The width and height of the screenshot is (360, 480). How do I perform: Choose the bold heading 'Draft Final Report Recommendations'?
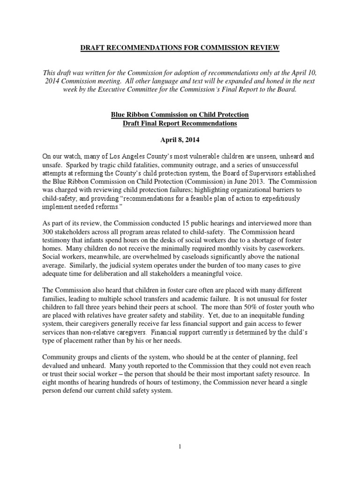pos(180,124)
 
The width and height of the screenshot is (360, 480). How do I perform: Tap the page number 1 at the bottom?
pos(180,447)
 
